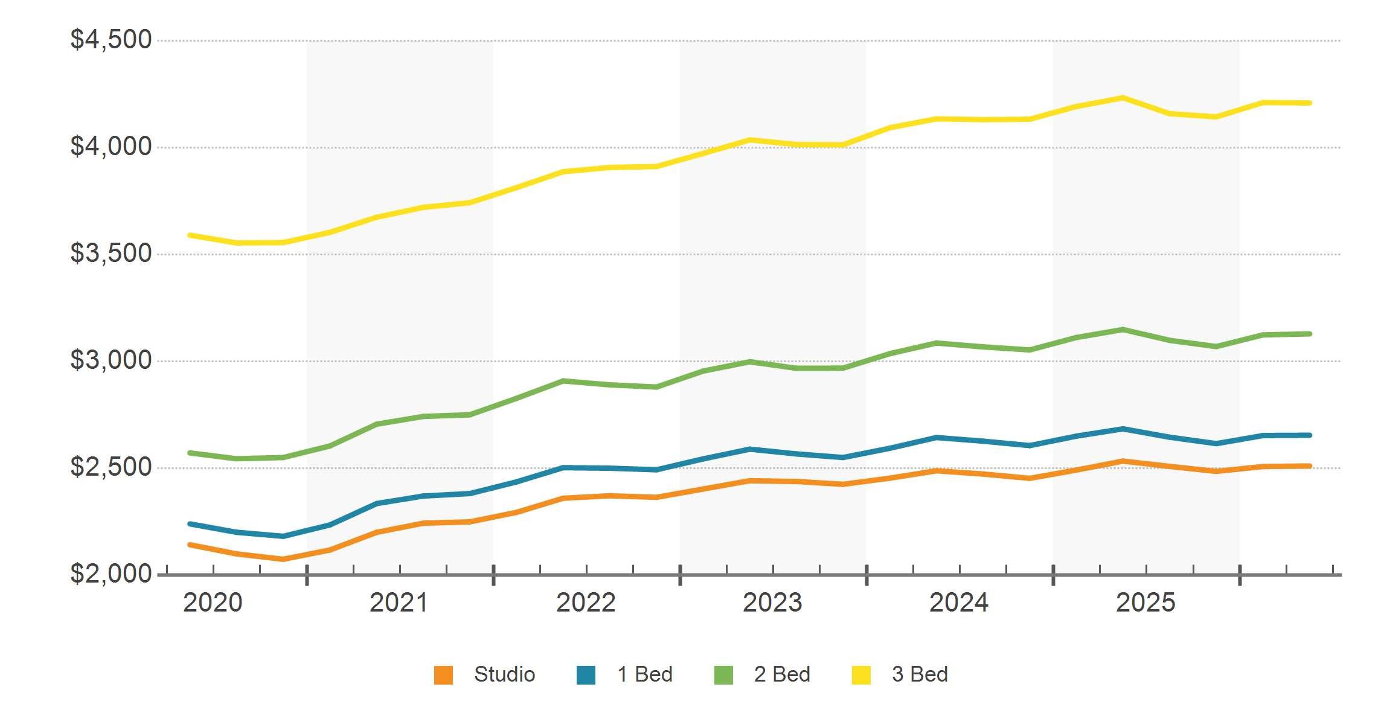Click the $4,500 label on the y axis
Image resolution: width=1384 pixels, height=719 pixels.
[111, 40]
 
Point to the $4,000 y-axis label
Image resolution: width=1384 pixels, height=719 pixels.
[111, 147]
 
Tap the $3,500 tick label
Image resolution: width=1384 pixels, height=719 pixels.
[111, 254]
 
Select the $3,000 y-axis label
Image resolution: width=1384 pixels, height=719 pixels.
[111, 360]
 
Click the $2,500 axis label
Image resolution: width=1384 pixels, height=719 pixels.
[111, 467]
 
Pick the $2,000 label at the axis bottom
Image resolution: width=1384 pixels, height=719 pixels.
[111, 574]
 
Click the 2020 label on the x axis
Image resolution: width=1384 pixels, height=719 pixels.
[213, 602]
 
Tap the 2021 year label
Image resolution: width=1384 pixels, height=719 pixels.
[399, 602]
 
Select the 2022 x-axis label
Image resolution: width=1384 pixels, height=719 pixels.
[586, 602]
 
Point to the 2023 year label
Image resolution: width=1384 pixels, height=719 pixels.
[772, 602]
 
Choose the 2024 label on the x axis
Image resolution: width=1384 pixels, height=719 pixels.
[959, 602]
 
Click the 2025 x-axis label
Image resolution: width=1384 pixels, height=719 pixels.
[1145, 602]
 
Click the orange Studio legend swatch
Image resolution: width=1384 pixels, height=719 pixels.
[443, 675]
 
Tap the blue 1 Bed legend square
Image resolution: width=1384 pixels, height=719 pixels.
[586, 675]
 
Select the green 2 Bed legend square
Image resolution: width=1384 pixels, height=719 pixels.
[723, 675]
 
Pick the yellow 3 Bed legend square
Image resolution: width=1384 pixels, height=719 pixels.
[861, 675]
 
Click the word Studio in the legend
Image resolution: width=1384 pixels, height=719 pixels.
[505, 674]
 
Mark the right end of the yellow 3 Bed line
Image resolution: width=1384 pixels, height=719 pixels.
[1310, 103]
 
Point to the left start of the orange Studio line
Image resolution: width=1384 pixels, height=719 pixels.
[190, 545]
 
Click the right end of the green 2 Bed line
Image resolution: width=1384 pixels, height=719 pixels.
[1310, 334]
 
